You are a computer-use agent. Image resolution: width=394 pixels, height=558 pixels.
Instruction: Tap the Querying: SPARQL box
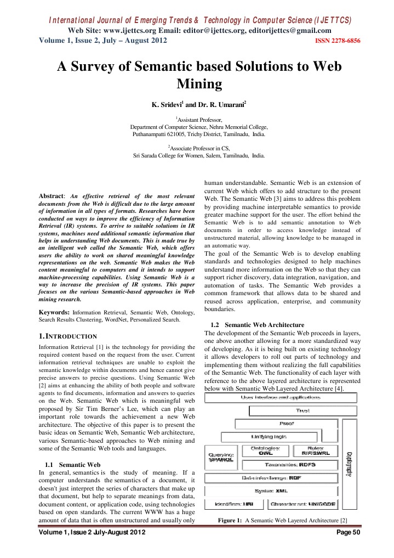[x=221, y=457]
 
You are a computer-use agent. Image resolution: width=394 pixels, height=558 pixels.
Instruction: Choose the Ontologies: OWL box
[x=265, y=450]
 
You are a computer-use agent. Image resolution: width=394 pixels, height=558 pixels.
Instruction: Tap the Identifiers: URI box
[x=235, y=504]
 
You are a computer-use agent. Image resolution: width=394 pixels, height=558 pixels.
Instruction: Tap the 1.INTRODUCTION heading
[x=66, y=335]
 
